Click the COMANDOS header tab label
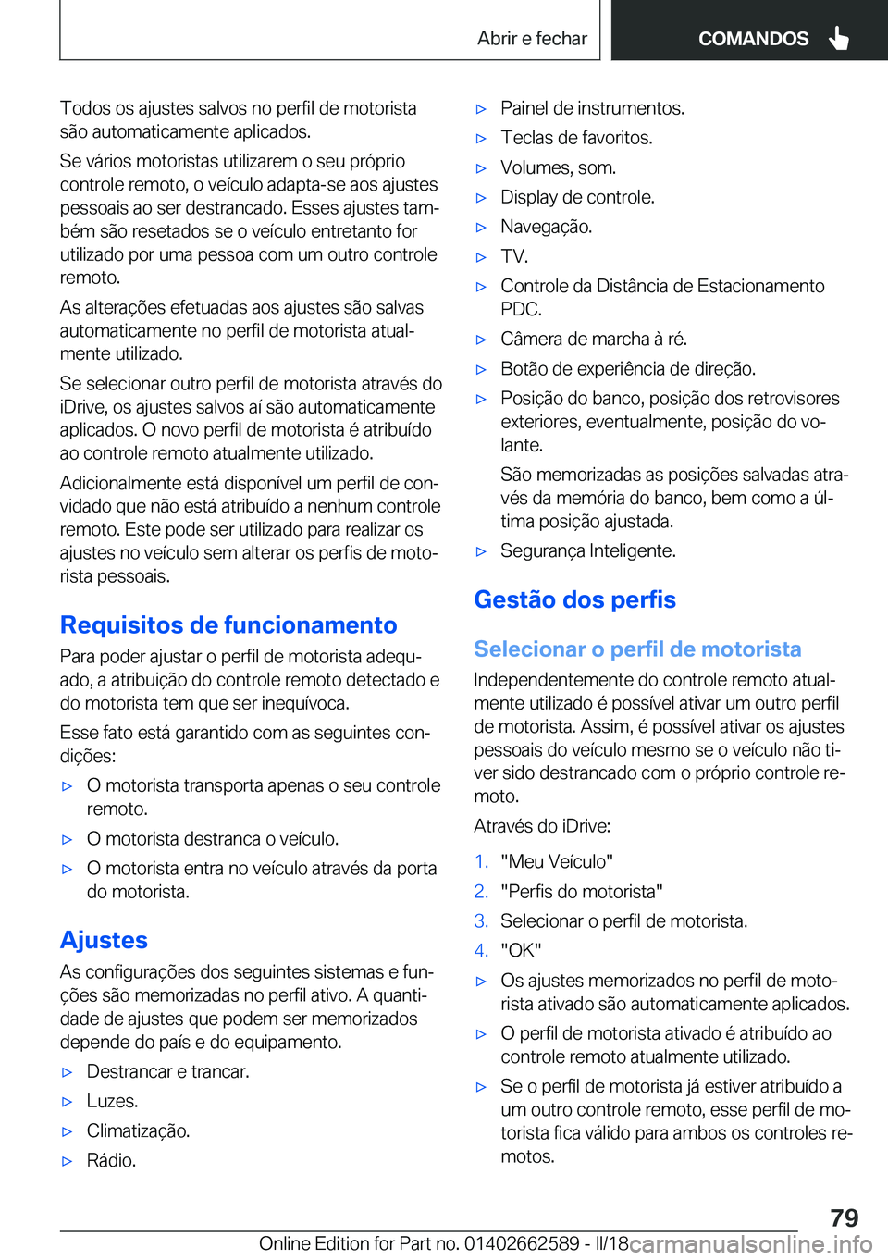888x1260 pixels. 753,39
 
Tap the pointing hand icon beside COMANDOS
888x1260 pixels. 839,38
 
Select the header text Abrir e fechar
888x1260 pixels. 532,39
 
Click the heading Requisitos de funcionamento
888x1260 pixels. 228,625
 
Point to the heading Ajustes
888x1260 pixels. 104,940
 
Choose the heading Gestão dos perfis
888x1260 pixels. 574,599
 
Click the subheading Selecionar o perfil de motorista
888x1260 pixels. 637,649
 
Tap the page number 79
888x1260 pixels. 844,1217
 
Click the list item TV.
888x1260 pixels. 514,256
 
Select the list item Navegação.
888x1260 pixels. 546,227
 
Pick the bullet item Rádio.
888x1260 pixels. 111,1160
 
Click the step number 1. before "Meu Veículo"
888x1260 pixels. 481,861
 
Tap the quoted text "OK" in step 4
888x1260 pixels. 521,950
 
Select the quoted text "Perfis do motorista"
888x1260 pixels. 582,891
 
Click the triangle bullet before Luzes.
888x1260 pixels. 67,1102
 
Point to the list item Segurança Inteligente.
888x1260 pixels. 588,550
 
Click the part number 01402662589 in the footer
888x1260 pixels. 522,1243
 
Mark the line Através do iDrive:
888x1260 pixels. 542,826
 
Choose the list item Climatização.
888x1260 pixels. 138,1130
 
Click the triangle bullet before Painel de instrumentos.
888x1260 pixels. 481,109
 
